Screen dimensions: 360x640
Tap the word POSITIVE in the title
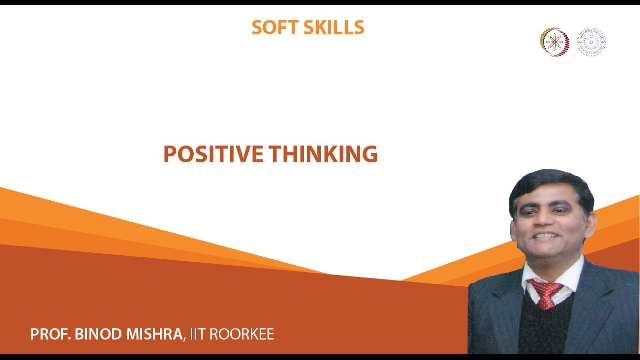click(213, 154)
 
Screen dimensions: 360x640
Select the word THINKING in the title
click(323, 154)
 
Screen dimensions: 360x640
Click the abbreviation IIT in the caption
click(197, 334)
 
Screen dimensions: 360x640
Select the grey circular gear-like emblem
click(591, 42)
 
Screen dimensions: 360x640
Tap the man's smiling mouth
click(546, 235)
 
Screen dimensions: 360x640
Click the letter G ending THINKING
click(369, 154)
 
